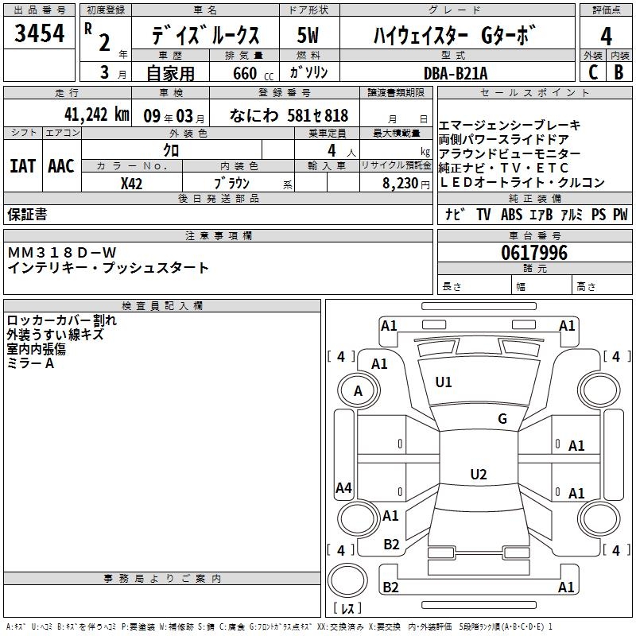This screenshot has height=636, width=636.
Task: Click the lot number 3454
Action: coord(40,33)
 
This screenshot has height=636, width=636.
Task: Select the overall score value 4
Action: coord(606,36)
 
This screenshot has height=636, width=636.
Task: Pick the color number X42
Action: coord(131,183)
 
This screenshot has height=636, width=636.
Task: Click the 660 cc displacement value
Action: coord(245,73)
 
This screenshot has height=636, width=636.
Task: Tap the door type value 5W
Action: coord(308,36)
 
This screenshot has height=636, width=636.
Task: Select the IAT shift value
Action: coord(22,166)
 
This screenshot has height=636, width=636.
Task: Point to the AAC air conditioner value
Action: coord(61,166)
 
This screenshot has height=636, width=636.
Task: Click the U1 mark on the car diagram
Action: coord(444,382)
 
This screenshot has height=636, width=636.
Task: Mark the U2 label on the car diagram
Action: coord(478,475)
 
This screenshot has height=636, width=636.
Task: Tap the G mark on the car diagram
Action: coord(502,419)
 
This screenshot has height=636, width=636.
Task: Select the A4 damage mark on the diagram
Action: coord(343,488)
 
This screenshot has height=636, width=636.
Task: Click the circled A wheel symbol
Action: coord(358,391)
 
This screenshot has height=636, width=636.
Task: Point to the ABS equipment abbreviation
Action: coord(511,215)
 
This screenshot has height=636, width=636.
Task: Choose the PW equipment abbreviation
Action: coord(619,215)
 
